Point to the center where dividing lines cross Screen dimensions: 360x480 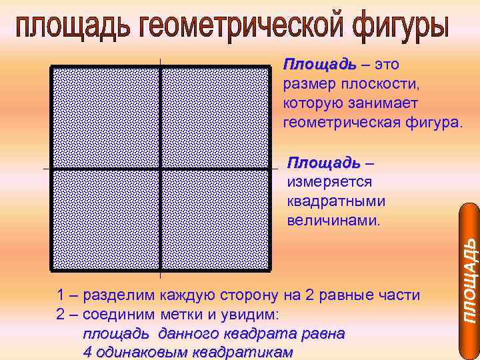coord(161,169)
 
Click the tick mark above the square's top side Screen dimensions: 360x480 coord(161,62)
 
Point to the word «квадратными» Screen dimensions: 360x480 coord(335,200)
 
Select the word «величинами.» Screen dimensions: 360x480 coord(333,219)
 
